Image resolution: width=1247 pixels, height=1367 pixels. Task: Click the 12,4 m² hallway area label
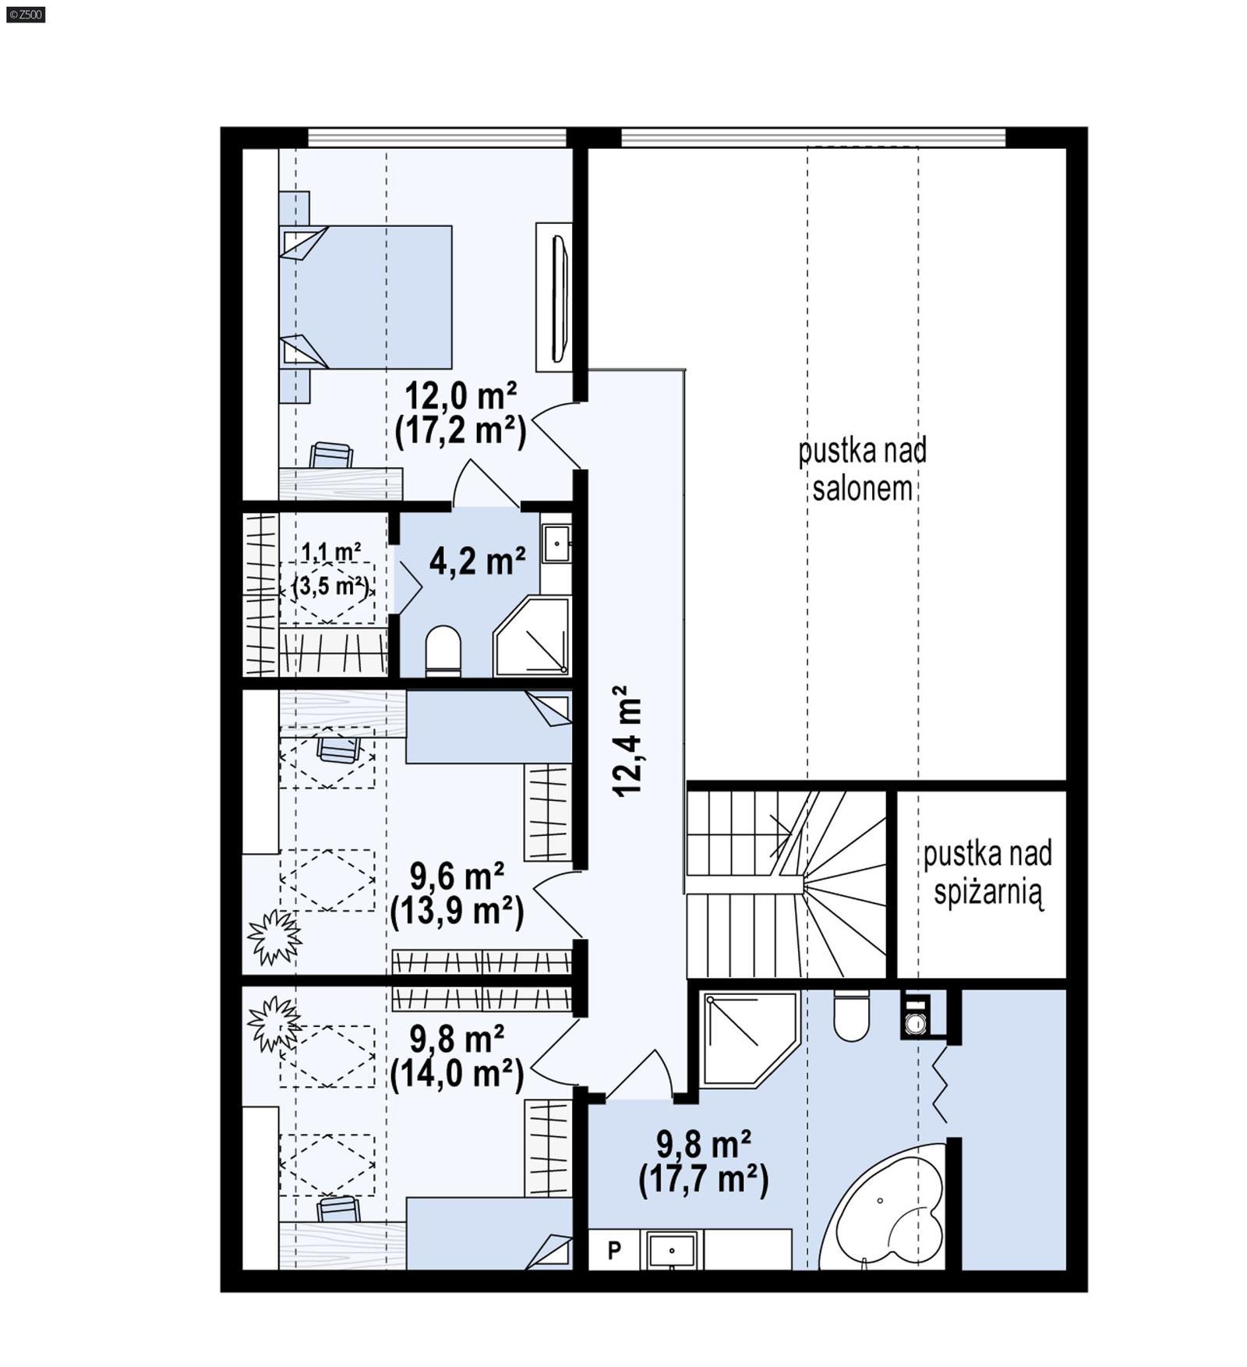[x=627, y=741]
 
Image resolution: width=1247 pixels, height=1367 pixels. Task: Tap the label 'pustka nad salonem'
[x=862, y=469]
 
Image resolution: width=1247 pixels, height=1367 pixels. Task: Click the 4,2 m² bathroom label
[x=477, y=561]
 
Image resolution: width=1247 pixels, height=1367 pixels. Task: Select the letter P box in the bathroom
[x=614, y=1250]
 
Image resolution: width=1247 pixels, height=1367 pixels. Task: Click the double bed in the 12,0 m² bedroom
[x=366, y=297]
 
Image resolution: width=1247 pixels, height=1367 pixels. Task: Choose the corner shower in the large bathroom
[x=747, y=1037]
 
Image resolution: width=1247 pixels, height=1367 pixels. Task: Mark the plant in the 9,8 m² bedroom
[x=272, y=1022]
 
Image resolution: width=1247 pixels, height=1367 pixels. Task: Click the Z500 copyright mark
[x=25, y=14]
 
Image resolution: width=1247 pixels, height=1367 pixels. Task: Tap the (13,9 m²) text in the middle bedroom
[x=457, y=910]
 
